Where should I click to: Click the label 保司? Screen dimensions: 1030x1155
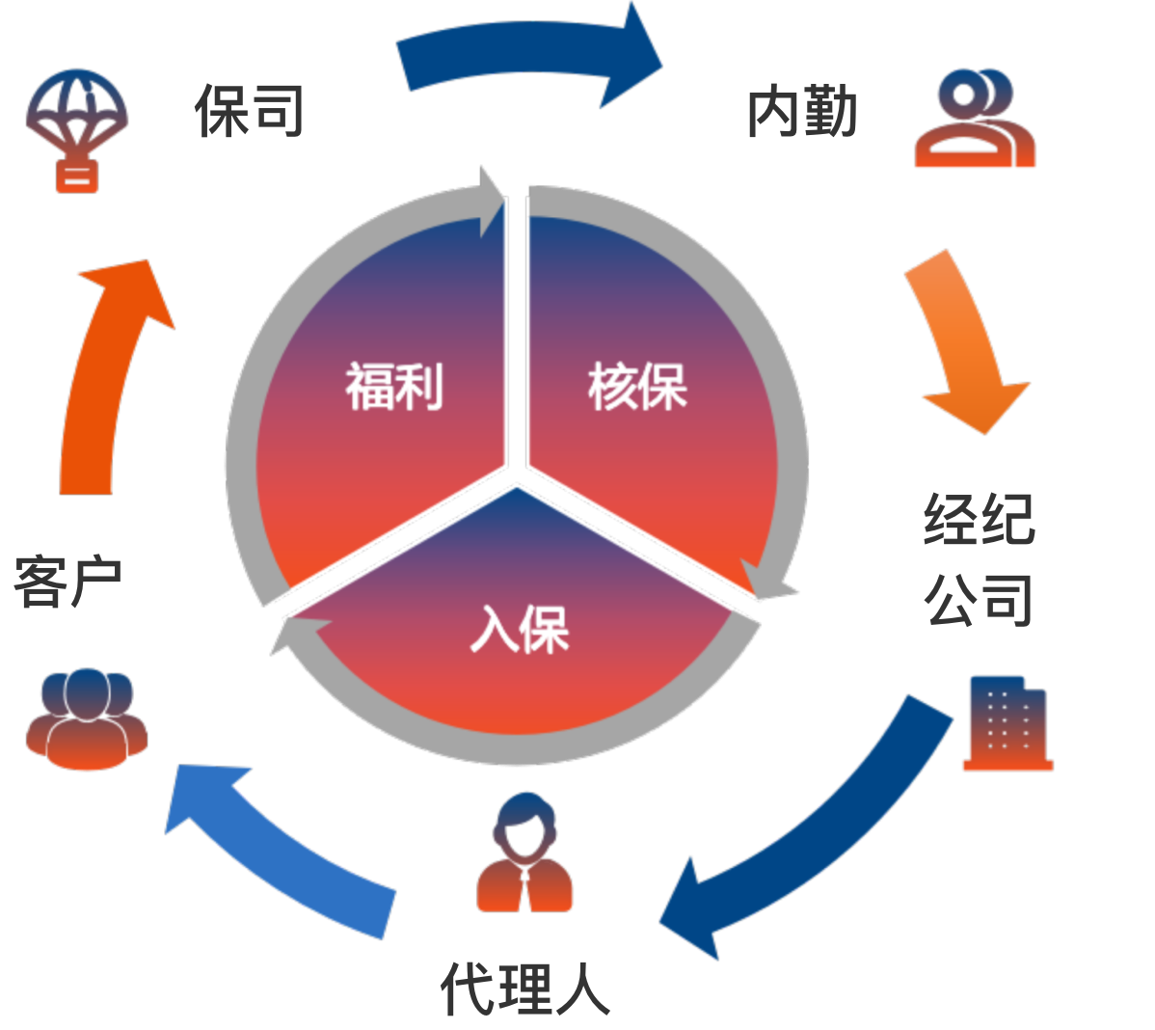coord(249,110)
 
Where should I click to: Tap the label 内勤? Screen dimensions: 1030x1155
coord(801,112)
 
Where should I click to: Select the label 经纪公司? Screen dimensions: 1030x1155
coord(978,559)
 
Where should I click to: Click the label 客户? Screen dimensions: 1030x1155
coord(67,582)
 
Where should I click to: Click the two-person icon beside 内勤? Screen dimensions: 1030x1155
coord(975,119)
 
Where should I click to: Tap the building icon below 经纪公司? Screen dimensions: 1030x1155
coord(1007,723)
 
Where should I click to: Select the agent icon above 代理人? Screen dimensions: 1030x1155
coord(525,853)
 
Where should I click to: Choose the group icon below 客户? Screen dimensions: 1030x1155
coord(87,719)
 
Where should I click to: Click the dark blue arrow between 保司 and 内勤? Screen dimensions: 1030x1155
coord(530,54)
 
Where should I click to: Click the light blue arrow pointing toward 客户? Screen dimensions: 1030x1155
coord(280,849)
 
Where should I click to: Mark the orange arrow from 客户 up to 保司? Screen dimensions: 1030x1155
coord(106,376)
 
